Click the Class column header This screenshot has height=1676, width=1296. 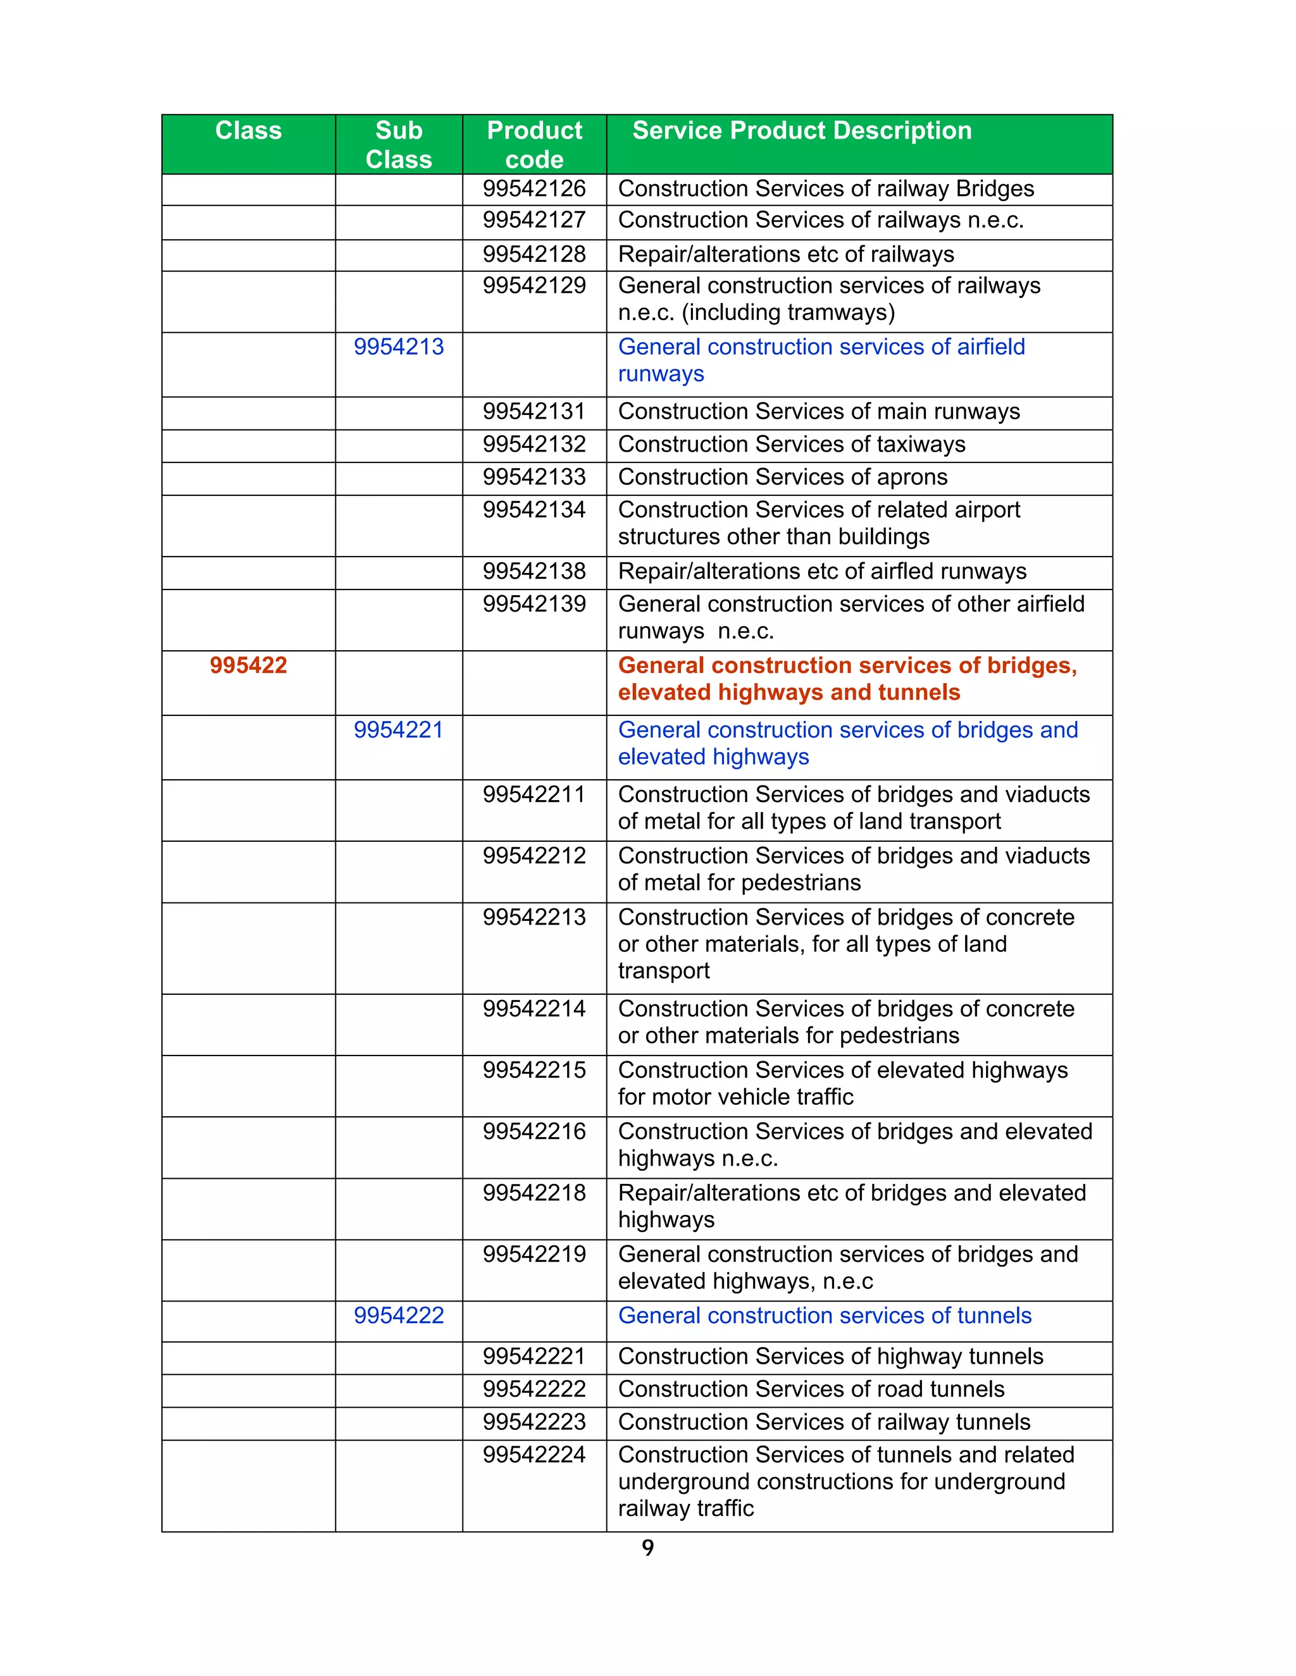[x=248, y=130]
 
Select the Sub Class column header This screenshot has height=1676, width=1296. [x=399, y=144]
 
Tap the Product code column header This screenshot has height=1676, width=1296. [x=534, y=144]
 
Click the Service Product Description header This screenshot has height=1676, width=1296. [x=802, y=130]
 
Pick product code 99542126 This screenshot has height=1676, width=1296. [x=534, y=188]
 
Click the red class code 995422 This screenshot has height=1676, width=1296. [x=248, y=665]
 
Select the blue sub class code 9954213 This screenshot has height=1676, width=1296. [x=399, y=347]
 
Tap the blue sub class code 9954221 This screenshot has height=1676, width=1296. [x=399, y=730]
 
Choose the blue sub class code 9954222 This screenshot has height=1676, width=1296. [x=399, y=1316]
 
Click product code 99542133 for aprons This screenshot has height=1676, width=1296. [x=534, y=478]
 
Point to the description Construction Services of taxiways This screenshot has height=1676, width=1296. [x=792, y=445]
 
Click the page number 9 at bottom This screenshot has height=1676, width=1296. [x=648, y=1548]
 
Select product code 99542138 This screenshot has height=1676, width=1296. [x=534, y=572]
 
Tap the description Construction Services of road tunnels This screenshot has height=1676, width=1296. [x=811, y=1389]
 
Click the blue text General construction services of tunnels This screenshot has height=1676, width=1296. [x=825, y=1316]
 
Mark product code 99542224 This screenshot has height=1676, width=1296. [x=534, y=1455]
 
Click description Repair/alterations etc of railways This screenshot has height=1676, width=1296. [x=785, y=255]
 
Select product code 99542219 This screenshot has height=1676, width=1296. [x=534, y=1255]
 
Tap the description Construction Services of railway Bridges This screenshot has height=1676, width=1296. [x=826, y=188]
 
